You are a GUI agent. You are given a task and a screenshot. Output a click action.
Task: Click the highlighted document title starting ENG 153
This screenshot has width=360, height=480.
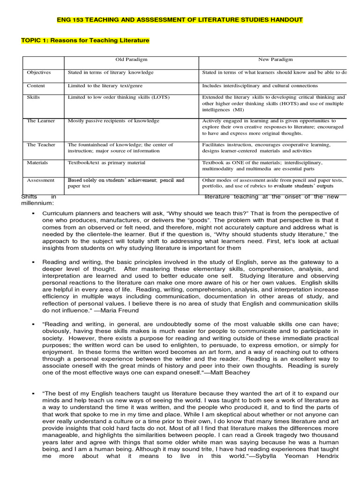tap(180, 20)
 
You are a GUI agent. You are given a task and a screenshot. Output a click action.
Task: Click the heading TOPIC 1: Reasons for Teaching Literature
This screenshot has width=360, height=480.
tap(85, 41)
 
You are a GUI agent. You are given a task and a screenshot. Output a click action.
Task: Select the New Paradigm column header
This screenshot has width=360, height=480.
tap(274, 60)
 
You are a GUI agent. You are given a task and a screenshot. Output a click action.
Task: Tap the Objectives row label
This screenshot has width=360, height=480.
tap(39, 73)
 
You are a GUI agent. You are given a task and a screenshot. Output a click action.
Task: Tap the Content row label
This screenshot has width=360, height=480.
tap(36, 86)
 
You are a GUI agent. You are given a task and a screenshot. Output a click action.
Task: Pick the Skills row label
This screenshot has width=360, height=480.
tap(34, 97)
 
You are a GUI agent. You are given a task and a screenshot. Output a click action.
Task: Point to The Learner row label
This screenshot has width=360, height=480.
tap(41, 121)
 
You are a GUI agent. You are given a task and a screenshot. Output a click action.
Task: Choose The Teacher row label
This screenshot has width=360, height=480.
tap(41, 145)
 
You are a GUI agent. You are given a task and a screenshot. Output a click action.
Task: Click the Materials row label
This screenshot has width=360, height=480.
tap(38, 163)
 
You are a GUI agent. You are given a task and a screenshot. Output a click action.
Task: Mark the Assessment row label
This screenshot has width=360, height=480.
tap(40, 180)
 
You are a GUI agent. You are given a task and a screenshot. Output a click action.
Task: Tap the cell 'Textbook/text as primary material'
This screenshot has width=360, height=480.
tap(106, 163)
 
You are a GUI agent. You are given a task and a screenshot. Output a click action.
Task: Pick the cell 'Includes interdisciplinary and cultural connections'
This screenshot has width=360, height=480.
tap(260, 86)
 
